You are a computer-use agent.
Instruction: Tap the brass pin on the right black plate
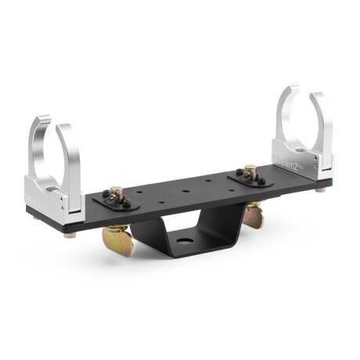(250, 170)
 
